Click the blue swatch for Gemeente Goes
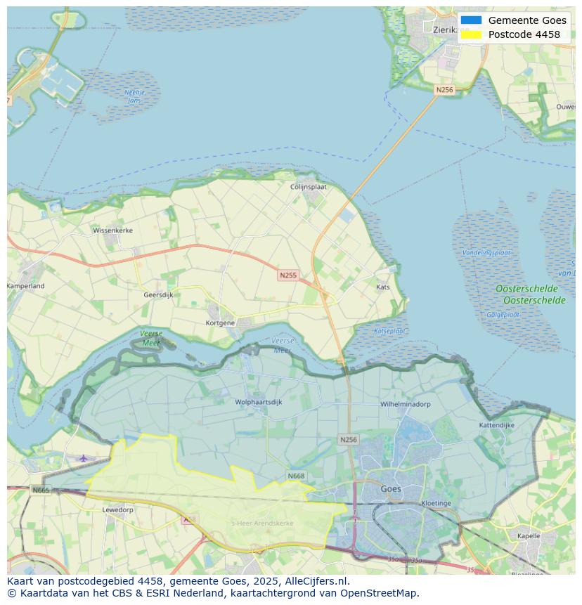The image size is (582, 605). point(472,20)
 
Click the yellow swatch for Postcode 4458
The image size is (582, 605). point(472,34)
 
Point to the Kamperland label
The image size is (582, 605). point(26,286)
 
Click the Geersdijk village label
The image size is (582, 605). point(158,295)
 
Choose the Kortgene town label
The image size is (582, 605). point(220,323)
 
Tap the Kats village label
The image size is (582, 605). point(382,287)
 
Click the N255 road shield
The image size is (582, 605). point(287,275)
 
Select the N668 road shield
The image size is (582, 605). point(296,476)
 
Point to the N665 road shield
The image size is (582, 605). point(41,490)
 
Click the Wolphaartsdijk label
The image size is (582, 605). point(259,403)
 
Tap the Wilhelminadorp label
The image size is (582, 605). point(406,405)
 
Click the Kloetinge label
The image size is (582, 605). point(436,503)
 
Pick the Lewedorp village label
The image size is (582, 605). point(117,509)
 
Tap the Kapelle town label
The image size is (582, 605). point(528,535)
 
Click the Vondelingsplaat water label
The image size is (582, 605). point(486,252)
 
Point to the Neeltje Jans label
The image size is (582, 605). point(134,96)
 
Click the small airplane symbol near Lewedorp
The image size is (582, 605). point(84,458)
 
